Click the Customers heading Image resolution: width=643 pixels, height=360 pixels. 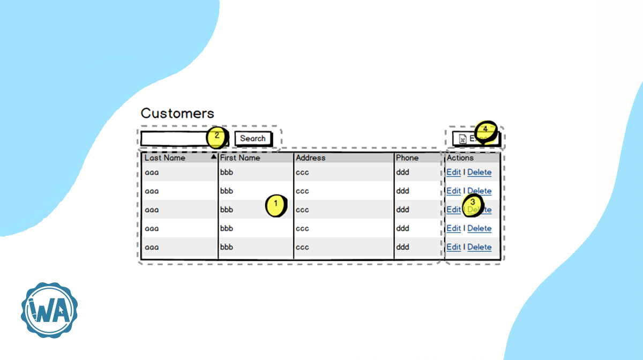click(177, 114)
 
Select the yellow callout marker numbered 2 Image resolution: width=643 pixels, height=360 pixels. click(217, 136)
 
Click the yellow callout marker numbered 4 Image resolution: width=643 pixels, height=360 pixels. click(485, 130)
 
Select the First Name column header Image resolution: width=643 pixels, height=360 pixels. click(240, 158)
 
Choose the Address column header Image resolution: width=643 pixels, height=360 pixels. click(311, 158)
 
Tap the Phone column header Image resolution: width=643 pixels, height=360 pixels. click(407, 158)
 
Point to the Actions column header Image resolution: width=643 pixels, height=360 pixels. click(460, 158)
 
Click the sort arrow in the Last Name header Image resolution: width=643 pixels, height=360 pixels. click(213, 157)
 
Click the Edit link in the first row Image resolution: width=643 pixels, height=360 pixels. click(453, 172)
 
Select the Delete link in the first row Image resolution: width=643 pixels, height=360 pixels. click(479, 172)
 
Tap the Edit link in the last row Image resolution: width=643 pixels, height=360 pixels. click(453, 247)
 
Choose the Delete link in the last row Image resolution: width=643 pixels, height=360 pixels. click(479, 247)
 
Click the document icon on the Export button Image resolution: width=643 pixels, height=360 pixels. click(462, 139)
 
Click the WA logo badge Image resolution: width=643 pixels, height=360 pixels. click(49, 311)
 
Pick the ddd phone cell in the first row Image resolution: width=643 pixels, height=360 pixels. click(402, 172)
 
